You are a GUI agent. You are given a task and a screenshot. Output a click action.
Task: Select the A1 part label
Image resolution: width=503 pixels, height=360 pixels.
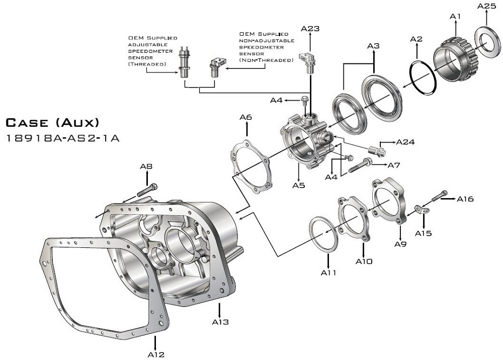[455, 17]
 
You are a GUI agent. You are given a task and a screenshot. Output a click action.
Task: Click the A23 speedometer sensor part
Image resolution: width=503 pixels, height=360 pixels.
[306, 58]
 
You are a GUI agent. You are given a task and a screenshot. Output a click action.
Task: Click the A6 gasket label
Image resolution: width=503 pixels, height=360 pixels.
[245, 117]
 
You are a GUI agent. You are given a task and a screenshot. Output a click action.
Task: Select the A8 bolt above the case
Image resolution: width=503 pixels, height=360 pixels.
[146, 191]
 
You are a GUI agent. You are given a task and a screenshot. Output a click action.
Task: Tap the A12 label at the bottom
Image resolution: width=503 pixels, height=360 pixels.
[156, 354]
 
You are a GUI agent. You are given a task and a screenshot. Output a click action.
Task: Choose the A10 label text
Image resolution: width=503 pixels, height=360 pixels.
[364, 261]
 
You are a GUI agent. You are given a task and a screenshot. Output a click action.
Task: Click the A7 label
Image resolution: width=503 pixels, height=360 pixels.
[393, 165]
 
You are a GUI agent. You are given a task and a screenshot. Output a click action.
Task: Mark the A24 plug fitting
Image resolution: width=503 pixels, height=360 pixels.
[377, 149]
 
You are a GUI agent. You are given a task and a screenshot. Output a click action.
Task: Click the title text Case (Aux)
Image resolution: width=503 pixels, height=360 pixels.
[52, 122]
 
